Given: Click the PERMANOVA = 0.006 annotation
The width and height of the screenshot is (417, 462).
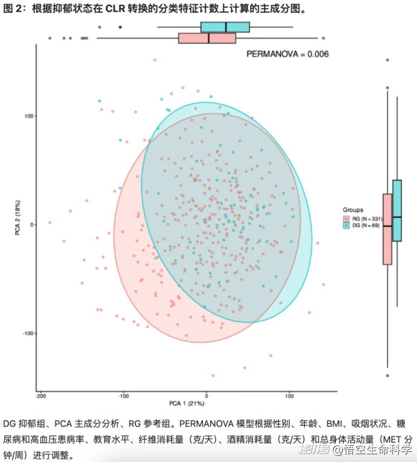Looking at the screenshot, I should tap(287, 54).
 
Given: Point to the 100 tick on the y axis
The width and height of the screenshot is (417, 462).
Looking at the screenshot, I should tap(27, 116).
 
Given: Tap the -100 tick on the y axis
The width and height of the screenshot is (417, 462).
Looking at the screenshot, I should tap(26, 334).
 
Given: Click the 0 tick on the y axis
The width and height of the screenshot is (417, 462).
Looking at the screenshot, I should tap(30, 225).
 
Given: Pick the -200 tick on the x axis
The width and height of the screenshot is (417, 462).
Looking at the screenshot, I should tap(40, 396).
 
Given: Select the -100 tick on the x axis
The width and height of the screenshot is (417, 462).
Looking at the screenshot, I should tap(123, 396).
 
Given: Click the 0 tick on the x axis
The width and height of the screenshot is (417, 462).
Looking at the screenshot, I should tap(207, 396).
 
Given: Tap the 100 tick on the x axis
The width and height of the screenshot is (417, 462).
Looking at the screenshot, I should tap(289, 396).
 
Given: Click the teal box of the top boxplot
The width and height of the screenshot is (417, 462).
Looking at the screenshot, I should tap(225, 27).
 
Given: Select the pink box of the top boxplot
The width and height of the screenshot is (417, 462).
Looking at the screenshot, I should tap(207, 38).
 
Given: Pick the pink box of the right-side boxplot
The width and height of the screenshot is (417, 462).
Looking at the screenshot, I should tap(387, 229).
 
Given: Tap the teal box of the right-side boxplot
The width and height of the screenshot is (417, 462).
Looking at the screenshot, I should tap(397, 210).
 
